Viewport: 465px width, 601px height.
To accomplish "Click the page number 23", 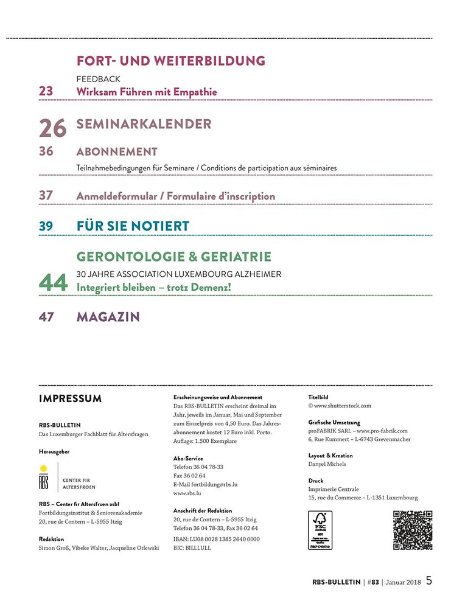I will pyautogui.click(x=46, y=91).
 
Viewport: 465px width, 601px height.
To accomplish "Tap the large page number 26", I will pyautogui.click(x=52, y=128).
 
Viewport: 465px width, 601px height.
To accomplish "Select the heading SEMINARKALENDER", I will pyautogui.click(x=144, y=124).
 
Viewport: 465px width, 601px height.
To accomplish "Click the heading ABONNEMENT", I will pyautogui.click(x=117, y=151).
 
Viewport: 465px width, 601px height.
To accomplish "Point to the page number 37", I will pyautogui.click(x=46, y=196).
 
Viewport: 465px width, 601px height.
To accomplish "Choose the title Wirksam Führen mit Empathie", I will pyautogui.click(x=147, y=92).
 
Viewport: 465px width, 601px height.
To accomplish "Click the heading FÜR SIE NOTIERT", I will pyautogui.click(x=133, y=226).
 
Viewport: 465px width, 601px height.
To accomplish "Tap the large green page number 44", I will pyautogui.click(x=53, y=282).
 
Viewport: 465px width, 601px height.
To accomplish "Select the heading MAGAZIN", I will pyautogui.click(x=108, y=317).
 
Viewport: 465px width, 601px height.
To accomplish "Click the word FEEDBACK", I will pyautogui.click(x=98, y=79).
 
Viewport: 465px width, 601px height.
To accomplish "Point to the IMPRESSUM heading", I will pyautogui.click(x=70, y=399).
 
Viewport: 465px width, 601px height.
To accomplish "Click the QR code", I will pyautogui.click(x=412, y=530).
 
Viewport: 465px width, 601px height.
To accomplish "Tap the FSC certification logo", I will pyautogui.click(x=320, y=530).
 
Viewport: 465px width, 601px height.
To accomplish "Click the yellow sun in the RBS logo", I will pyautogui.click(x=43, y=468).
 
